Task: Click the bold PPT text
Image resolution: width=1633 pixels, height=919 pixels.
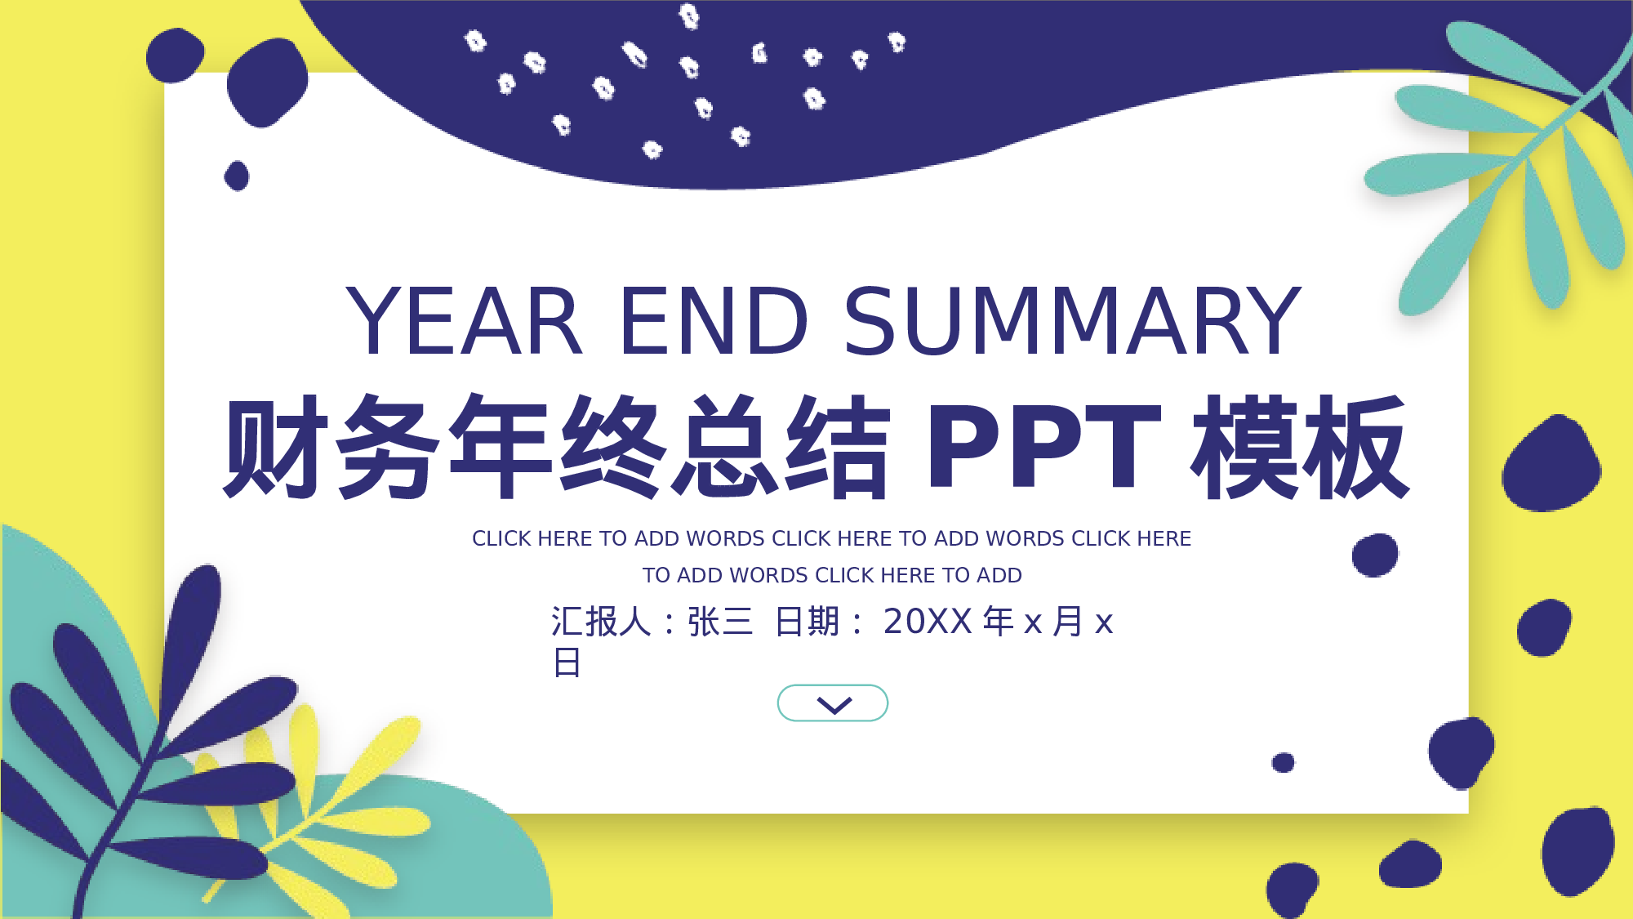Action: (1043, 447)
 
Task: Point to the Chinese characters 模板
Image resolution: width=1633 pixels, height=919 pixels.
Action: (1300, 447)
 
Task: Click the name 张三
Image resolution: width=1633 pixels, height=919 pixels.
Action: (720, 622)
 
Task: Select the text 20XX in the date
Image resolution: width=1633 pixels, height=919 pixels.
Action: (928, 622)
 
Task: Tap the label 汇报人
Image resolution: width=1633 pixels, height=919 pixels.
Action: (600, 622)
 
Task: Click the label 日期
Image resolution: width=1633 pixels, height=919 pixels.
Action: (807, 622)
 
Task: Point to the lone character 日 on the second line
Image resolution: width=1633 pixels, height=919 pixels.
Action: (567, 662)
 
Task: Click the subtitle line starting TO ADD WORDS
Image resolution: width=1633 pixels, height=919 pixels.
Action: (832, 575)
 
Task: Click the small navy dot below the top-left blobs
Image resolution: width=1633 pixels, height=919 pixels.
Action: (237, 176)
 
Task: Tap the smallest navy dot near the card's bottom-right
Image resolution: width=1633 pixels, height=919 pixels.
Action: (1283, 762)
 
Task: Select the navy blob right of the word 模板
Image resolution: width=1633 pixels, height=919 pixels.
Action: (1551, 464)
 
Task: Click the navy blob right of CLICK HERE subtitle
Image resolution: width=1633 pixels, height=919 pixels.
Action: (1375, 555)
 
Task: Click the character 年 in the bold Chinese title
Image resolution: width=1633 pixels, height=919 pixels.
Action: (501, 447)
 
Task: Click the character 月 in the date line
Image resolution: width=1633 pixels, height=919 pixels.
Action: (1068, 622)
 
